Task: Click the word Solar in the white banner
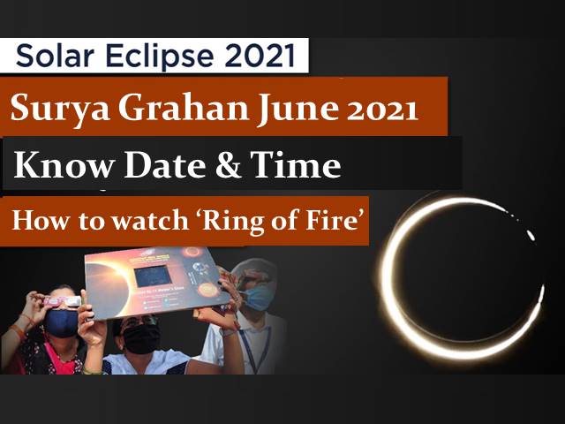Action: click(55, 56)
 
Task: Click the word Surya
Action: click(60, 109)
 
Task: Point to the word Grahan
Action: click(184, 107)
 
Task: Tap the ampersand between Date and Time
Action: click(228, 165)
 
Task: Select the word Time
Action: click(296, 164)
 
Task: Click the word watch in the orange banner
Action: click(150, 220)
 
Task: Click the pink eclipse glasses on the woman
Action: click(62, 301)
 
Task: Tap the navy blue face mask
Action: click(61, 322)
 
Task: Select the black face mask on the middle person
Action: click(141, 338)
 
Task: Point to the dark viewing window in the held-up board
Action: click(152, 276)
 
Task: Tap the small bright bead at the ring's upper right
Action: click(531, 235)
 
